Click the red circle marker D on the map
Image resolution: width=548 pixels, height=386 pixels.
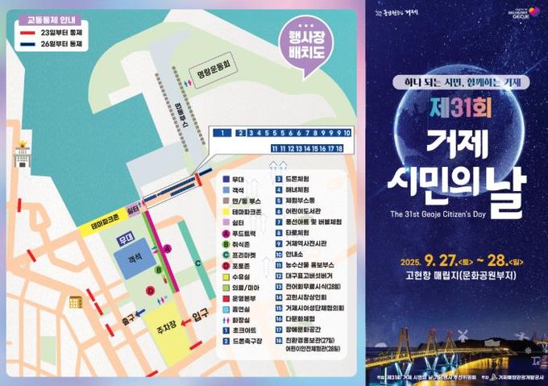(x=150, y=290)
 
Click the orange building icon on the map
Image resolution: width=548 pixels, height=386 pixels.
(x=77, y=302)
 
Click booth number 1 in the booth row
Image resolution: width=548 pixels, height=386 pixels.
(x=220, y=132)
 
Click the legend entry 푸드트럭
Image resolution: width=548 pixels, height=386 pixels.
(x=246, y=231)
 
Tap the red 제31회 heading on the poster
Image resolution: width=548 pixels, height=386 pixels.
(x=455, y=107)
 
